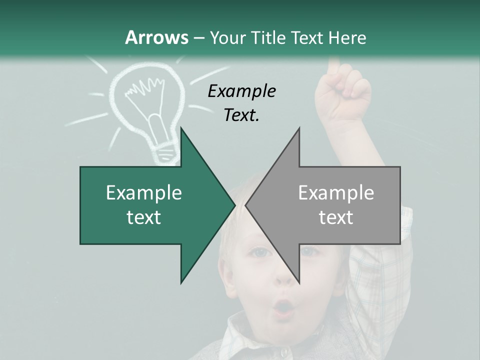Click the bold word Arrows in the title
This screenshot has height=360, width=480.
pos(156,37)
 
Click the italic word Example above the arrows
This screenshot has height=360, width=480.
pos(241,91)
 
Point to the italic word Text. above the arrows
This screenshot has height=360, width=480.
pos(241,115)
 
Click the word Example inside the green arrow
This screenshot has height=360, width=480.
pos(144,193)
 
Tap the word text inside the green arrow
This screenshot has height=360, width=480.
pos(144,217)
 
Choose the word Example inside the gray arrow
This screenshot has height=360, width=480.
pos(336,193)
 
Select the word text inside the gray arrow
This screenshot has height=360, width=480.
pos(336,217)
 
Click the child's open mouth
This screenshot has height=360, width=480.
pos(283,307)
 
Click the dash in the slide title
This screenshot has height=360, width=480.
pos(198,38)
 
